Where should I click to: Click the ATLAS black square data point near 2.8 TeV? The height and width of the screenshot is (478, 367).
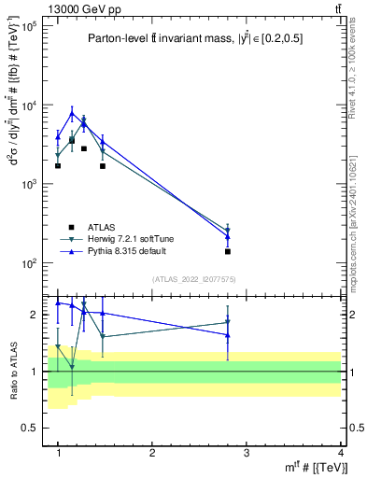coord(228,251)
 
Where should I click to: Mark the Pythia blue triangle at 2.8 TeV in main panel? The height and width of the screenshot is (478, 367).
coord(228,237)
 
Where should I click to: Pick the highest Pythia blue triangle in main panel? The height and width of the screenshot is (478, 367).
coord(72,114)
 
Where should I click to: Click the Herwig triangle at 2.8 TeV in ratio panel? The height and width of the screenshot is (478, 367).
coord(228,322)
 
